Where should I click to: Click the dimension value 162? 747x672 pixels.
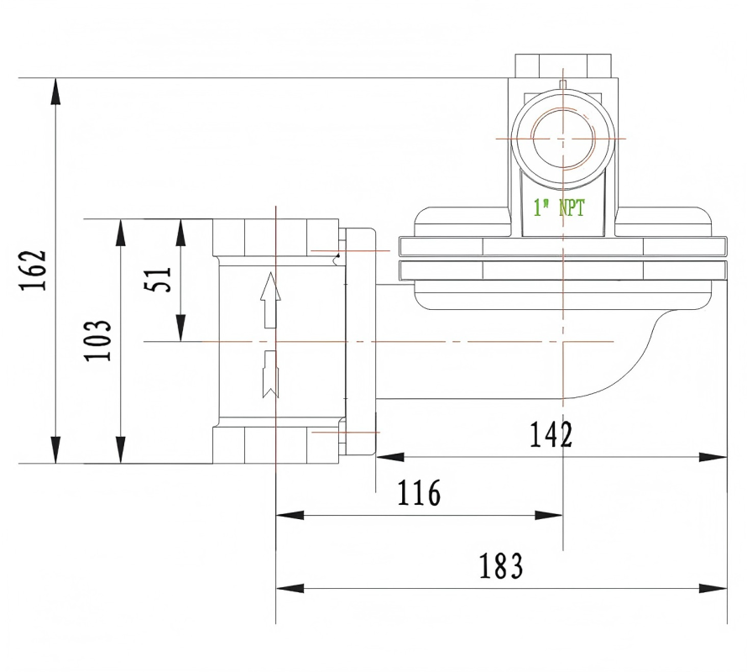click(34, 270)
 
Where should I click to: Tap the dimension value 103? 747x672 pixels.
click(98, 340)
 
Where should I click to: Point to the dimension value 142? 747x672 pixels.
click(551, 434)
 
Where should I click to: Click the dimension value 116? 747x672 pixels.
click(419, 493)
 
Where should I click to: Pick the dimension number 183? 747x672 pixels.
click(501, 566)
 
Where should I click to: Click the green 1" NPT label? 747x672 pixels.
click(559, 208)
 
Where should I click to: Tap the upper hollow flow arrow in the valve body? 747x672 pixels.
click(270, 300)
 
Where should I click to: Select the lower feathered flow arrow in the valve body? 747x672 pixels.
click(270, 375)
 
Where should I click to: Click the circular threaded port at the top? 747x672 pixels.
click(563, 139)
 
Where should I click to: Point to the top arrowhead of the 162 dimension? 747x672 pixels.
click(56, 91)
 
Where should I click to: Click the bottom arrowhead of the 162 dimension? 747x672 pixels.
click(56, 449)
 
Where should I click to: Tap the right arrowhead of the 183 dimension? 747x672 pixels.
click(713, 588)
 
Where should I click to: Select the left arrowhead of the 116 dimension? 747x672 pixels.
click(290, 515)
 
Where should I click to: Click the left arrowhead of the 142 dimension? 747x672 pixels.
click(390, 457)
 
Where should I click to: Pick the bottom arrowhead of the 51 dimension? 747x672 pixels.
click(180, 328)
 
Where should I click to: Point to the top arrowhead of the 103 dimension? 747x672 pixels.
click(121, 233)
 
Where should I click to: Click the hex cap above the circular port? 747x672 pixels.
click(563, 66)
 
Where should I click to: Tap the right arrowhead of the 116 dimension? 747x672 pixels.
click(549, 515)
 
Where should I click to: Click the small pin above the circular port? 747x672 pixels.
click(562, 84)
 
